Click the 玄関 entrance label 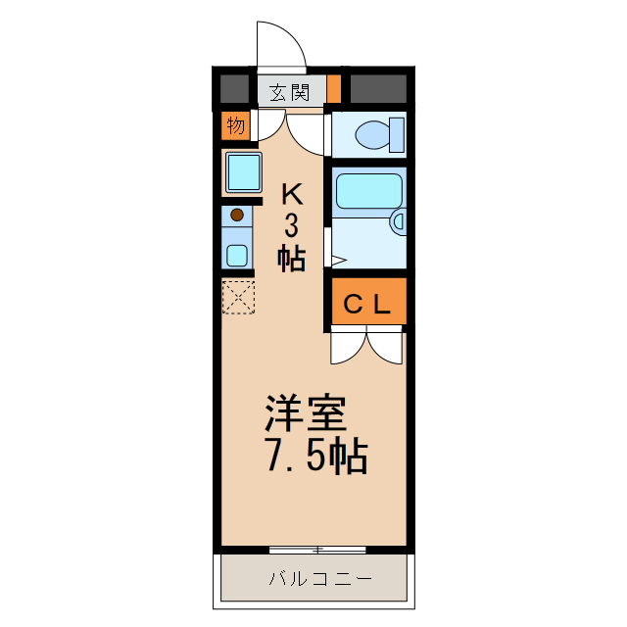290,93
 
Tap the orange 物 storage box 235,125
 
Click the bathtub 367,191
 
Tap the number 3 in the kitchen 291,225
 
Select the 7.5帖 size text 315,456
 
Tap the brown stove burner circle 236,215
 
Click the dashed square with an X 238,297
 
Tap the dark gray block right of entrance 378,89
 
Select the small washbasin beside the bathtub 398,222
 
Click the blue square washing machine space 243,172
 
